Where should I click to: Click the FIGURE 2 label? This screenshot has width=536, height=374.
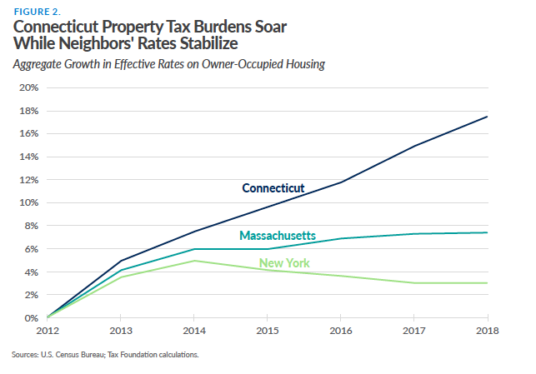(36, 12)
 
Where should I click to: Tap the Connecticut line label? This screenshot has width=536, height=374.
(273, 188)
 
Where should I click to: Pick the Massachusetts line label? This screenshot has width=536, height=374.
(278, 236)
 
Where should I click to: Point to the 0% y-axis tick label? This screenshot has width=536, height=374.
(32, 317)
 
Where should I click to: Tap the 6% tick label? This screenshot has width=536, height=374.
(32, 249)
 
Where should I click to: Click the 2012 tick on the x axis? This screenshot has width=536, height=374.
(47, 332)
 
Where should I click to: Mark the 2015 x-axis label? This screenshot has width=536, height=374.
(268, 332)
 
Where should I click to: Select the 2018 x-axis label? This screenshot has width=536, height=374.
(488, 332)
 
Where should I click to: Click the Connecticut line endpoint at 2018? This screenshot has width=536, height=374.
(488, 117)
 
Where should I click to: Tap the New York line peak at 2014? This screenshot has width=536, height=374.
(194, 261)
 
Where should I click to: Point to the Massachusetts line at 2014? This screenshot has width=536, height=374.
(194, 249)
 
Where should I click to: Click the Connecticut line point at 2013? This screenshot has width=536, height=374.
(121, 261)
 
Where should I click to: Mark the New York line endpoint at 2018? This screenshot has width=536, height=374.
(488, 283)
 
